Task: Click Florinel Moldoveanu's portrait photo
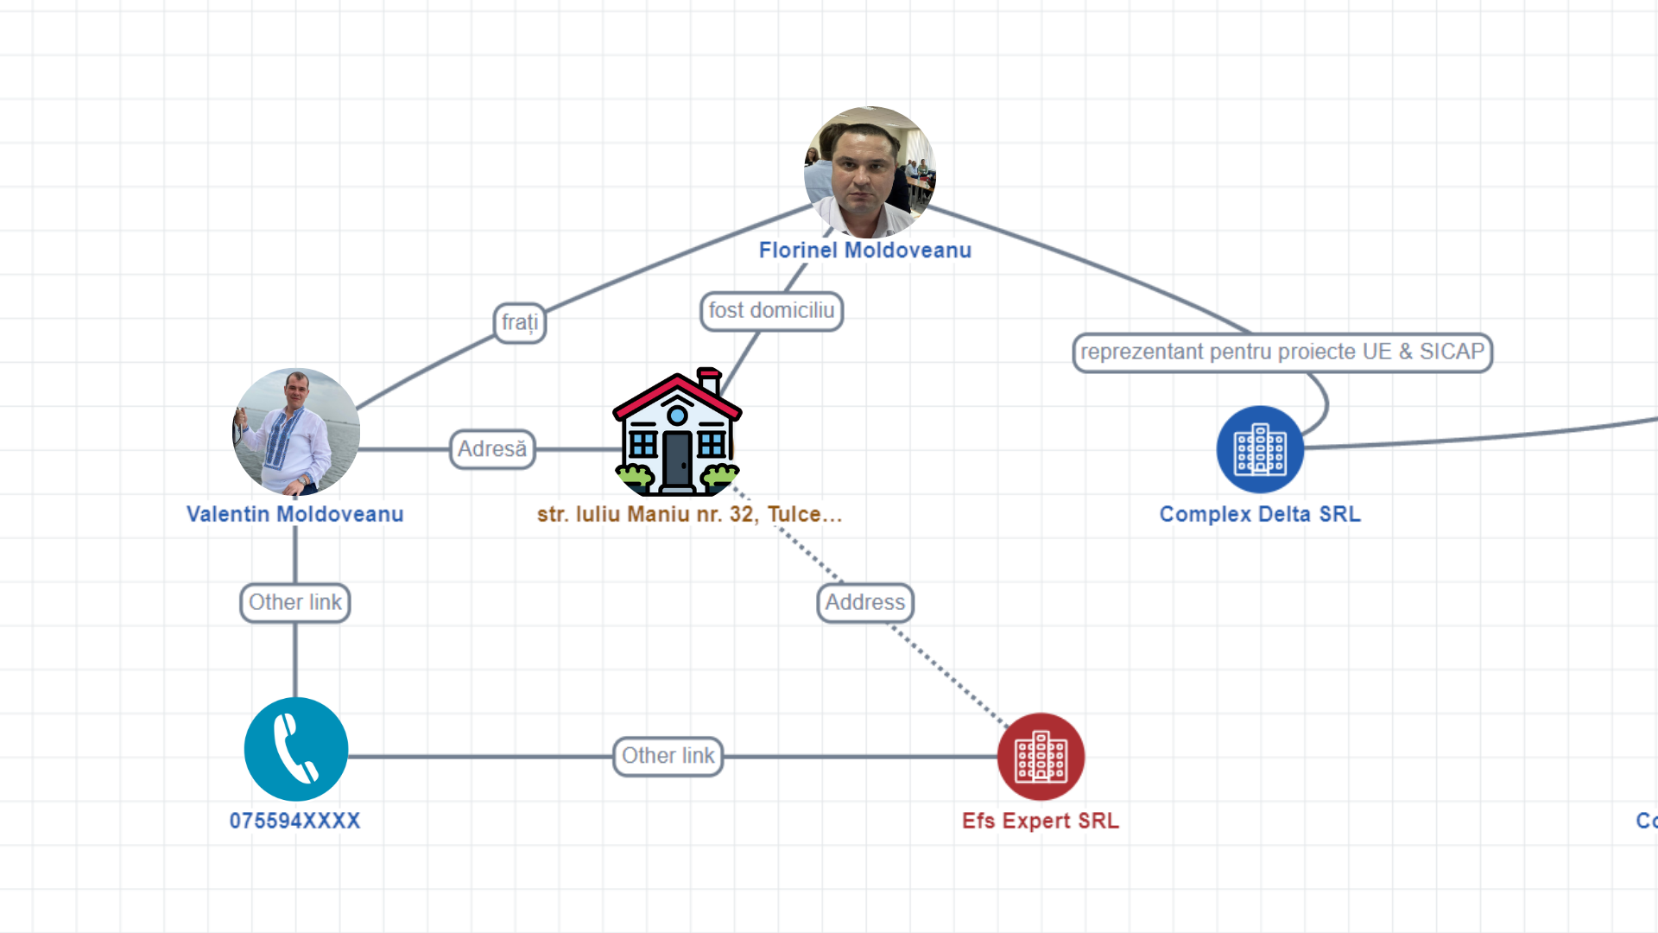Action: (x=870, y=172)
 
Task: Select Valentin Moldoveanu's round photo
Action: (x=296, y=432)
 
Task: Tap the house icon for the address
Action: (x=678, y=432)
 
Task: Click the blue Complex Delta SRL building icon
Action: (x=1260, y=449)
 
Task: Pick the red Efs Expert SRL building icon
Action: (x=1041, y=757)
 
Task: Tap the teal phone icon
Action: (x=296, y=749)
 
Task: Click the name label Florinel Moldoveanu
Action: (x=865, y=251)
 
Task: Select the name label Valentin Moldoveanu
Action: (x=295, y=514)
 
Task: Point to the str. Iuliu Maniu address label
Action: (x=689, y=514)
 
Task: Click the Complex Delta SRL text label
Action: (x=1260, y=514)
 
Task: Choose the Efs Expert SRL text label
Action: (x=1041, y=821)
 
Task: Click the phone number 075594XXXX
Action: (x=295, y=821)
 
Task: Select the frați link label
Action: (x=520, y=323)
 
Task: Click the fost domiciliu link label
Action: (x=772, y=311)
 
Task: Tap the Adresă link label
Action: (x=492, y=449)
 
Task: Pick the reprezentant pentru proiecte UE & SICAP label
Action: (x=1282, y=352)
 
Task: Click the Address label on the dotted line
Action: (x=865, y=602)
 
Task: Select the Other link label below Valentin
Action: (x=295, y=602)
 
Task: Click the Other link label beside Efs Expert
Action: (x=668, y=756)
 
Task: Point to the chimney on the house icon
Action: (x=710, y=380)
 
